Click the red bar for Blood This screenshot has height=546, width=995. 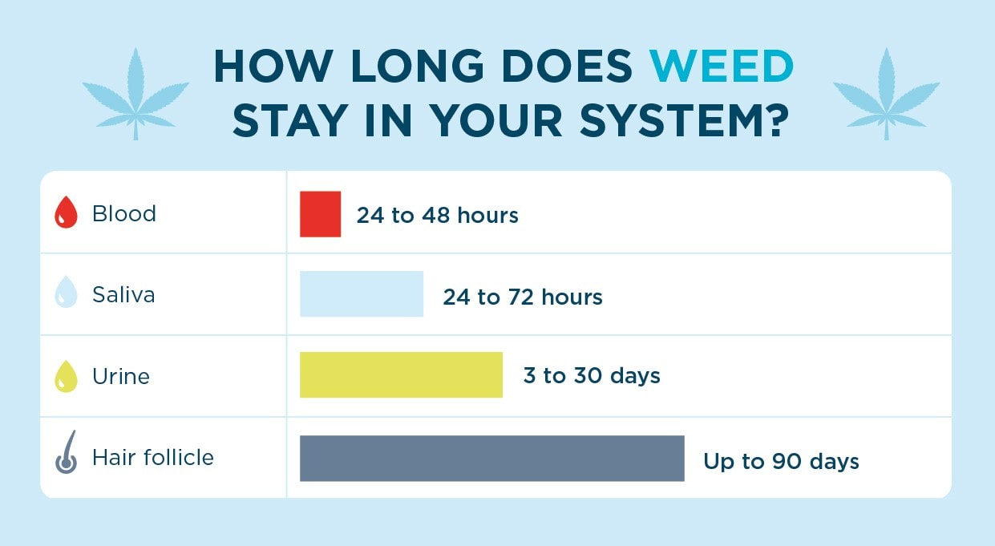click(x=320, y=214)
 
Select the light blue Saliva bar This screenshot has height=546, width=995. click(x=361, y=294)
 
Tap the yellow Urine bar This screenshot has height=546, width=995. click(x=401, y=375)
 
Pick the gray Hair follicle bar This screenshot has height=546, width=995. click(x=491, y=458)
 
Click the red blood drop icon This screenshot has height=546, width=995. click(x=66, y=215)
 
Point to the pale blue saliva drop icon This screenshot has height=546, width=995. click(x=66, y=295)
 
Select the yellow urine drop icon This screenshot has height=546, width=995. click(x=66, y=376)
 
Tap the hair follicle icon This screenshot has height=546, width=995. click(x=66, y=453)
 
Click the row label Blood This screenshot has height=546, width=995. click(x=124, y=214)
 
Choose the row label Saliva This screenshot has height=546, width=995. click(x=123, y=295)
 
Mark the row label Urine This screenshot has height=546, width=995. click(x=121, y=377)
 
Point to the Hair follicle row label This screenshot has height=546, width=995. click(x=153, y=458)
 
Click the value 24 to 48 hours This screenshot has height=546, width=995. click(x=437, y=216)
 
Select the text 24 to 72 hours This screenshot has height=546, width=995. click(x=522, y=297)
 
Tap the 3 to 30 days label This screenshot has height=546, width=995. click(x=592, y=376)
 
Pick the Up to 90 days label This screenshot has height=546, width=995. click(x=781, y=462)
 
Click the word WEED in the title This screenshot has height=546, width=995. click(x=721, y=67)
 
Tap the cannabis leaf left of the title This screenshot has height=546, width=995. click(x=135, y=92)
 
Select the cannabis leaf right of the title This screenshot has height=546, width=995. click(x=886, y=92)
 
